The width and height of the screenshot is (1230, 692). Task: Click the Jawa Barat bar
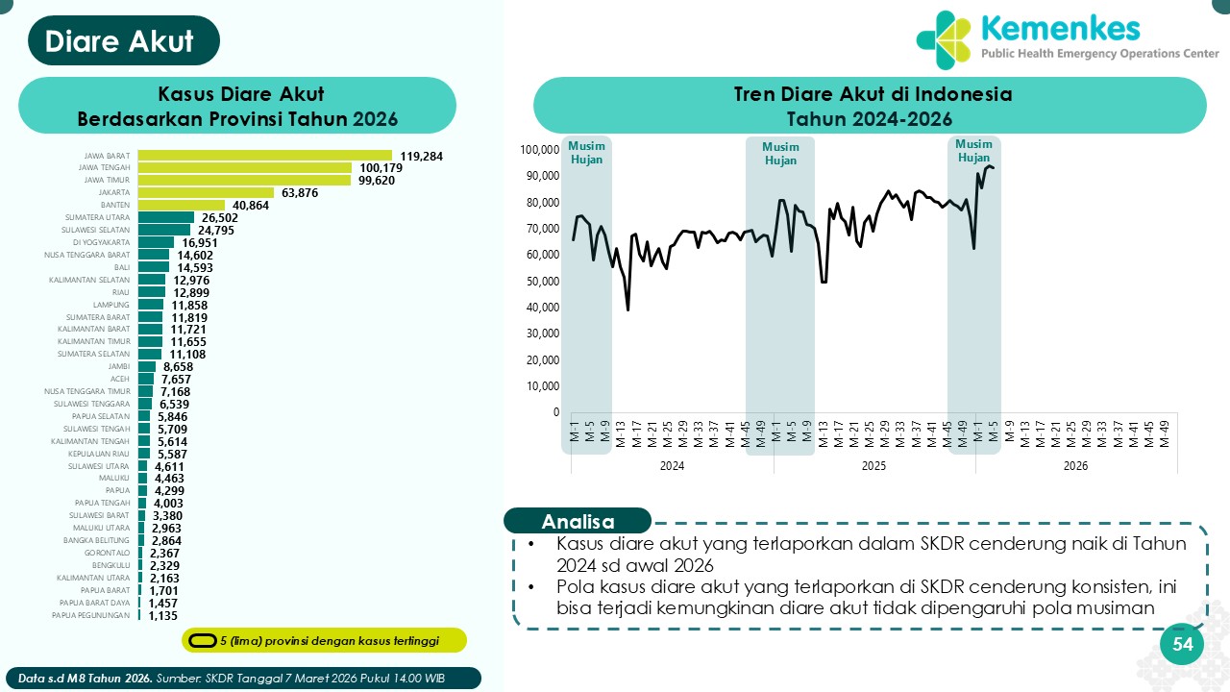pyautogui.click(x=264, y=155)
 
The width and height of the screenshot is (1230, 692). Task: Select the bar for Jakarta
pyautogui.click(x=206, y=192)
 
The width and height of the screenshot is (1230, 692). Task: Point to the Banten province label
pyautogui.click(x=115, y=205)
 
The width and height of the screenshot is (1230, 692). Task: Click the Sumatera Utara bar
pyautogui.click(x=166, y=217)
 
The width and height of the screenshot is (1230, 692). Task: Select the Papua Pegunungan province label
pyautogui.click(x=90, y=615)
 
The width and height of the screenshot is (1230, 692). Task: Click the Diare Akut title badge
pyautogui.click(x=120, y=41)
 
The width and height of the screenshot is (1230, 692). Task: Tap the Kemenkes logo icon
pyautogui.click(x=945, y=39)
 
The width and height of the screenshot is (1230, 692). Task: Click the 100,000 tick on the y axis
pyautogui.click(x=539, y=150)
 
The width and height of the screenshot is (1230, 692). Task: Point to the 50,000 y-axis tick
pyautogui.click(x=542, y=282)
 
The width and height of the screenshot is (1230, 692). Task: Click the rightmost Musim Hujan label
pyautogui.click(x=973, y=152)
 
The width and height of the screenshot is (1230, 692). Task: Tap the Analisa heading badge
pyautogui.click(x=578, y=522)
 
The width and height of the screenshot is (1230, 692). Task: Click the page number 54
pyautogui.click(x=1182, y=645)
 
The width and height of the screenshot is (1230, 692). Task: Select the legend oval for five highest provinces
pyautogui.click(x=202, y=640)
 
